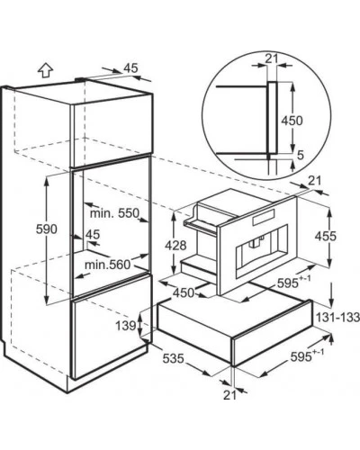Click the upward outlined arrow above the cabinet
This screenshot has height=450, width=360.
point(46,71)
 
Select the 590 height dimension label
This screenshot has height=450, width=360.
point(47,229)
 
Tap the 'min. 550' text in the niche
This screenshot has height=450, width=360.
point(115,213)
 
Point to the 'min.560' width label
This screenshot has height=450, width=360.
point(108,265)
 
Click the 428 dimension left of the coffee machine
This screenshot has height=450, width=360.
point(175,246)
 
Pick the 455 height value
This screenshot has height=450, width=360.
point(326,237)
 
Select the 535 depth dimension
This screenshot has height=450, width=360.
point(173,358)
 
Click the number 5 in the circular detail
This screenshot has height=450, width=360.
point(301,155)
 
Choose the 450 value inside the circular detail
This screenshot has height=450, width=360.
point(292,121)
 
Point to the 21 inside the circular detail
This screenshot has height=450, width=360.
point(272,58)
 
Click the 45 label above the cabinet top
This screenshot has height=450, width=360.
point(130,68)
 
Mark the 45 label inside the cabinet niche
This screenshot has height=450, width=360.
point(93,234)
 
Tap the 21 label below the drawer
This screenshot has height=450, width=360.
point(229,395)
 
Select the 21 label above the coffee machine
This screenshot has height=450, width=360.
point(315,181)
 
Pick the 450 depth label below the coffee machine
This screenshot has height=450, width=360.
point(184,292)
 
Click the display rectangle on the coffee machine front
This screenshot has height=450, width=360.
point(264,217)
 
